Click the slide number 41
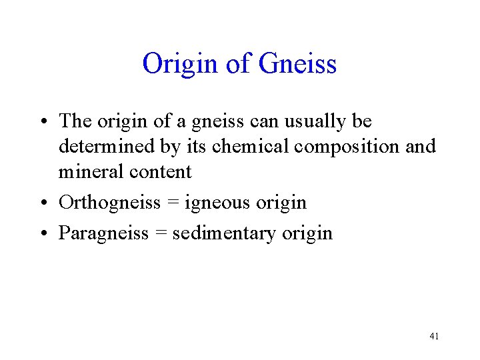click(x=434, y=336)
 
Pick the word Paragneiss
click(x=103, y=233)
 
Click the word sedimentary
click(x=223, y=233)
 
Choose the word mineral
click(x=88, y=172)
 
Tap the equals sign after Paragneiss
click(x=159, y=233)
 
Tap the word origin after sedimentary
click(x=306, y=233)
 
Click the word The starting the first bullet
click(x=75, y=121)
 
